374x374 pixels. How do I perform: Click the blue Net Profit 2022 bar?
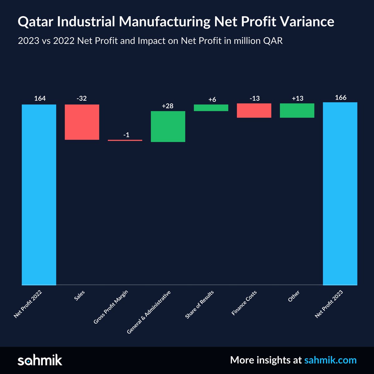coord(39,195)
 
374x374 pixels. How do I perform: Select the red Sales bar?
coord(82,122)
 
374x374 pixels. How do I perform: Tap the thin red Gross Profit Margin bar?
coord(125,140)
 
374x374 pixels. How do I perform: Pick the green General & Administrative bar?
coord(168,127)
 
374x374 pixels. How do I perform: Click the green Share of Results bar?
coord(211,108)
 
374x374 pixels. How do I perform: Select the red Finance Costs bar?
coord(254,110)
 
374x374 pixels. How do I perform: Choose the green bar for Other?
coord(297,110)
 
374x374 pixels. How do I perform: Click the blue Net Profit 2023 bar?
coord(340,194)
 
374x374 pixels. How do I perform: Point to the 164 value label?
coord(40,98)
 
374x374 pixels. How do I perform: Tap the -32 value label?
coord(82,98)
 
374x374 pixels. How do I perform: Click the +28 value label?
coord(168,106)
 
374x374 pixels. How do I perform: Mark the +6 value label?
coord(212,99)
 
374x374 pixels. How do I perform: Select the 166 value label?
coord(341,98)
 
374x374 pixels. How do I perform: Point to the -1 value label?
coord(126,135)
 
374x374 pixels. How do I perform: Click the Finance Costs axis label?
coord(244,303)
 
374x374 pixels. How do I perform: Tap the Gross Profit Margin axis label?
coord(111,307)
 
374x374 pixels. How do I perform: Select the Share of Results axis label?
coord(199,304)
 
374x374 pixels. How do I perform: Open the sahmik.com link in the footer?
coord(330,360)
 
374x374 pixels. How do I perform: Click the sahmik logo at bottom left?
coord(40,360)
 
